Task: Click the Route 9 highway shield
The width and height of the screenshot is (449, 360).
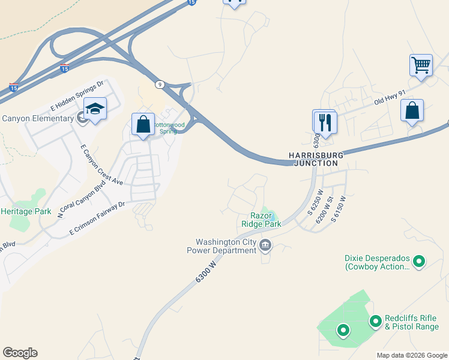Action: [x=159, y=85]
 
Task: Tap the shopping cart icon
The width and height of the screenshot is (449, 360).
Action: [x=421, y=64]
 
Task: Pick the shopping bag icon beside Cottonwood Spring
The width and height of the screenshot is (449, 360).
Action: [x=143, y=124]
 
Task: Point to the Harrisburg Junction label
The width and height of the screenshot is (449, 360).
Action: [x=316, y=158]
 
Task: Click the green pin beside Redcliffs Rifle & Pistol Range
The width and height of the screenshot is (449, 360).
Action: [x=376, y=322]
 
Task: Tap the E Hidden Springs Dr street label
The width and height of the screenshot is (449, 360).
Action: [x=77, y=93]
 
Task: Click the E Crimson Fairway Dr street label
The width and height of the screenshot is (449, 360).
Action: [x=97, y=217]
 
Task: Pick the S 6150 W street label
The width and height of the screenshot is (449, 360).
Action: [x=338, y=209]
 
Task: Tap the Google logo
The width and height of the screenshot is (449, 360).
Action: [x=20, y=353]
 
